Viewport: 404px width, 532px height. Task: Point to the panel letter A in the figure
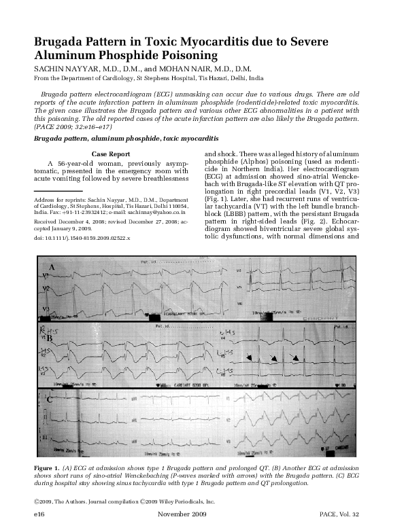(51, 268)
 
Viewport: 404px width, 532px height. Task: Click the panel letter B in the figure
(50, 338)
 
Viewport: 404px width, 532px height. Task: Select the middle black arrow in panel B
(273, 357)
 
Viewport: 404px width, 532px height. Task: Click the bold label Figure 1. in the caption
(47, 469)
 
